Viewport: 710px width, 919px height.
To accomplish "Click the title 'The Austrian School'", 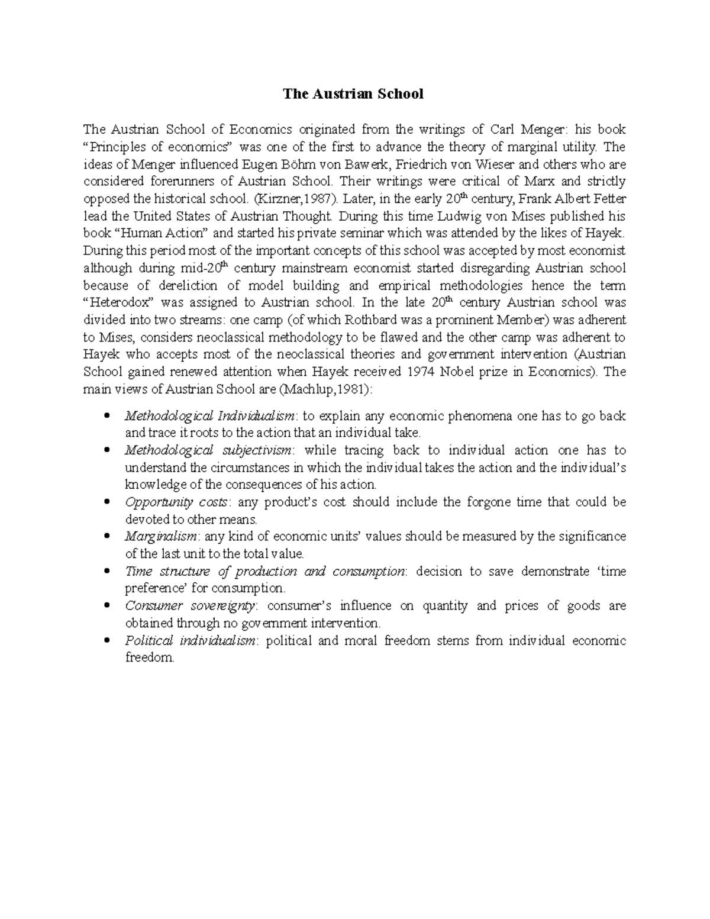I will (x=353, y=94).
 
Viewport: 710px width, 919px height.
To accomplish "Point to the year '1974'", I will (x=424, y=372).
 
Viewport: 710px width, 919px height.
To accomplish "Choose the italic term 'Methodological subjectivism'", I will (x=208, y=450).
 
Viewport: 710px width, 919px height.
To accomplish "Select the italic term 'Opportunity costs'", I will (x=176, y=502).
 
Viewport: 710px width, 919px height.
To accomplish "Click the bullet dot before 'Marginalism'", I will (x=106, y=537).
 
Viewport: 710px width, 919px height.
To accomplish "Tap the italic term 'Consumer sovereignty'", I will (x=191, y=606).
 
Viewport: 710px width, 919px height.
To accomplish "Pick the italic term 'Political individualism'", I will (x=191, y=641).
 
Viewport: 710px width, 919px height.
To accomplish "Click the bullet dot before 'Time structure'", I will (x=106, y=572).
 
